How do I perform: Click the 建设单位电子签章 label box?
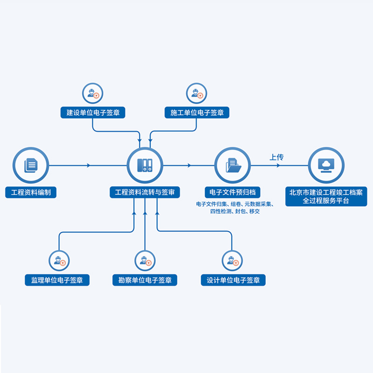coord(93,112)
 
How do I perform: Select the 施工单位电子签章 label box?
coord(197,112)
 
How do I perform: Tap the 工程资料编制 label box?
coord(31,192)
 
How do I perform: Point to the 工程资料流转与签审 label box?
coord(145,192)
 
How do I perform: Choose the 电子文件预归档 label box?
coord(232,192)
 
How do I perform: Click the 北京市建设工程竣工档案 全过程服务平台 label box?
coord(326,196)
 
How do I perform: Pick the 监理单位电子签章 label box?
coord(57,280)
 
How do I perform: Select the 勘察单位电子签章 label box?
coord(145,280)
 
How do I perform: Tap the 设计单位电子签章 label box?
coord(233,280)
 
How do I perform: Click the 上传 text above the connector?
coord(276,157)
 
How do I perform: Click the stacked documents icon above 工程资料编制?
coord(31,165)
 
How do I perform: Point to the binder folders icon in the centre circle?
coord(145,165)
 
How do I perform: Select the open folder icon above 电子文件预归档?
coord(234,165)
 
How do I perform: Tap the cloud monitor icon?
coord(326,166)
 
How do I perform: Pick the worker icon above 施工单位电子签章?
coord(197,94)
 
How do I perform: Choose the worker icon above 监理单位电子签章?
coord(60,261)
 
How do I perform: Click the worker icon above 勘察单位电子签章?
coord(145,261)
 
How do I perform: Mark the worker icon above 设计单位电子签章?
coord(233,261)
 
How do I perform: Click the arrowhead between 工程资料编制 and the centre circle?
coord(89,166)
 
